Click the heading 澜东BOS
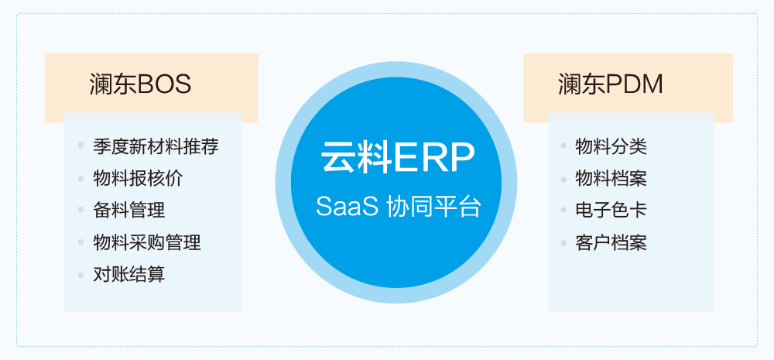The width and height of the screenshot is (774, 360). click(141, 85)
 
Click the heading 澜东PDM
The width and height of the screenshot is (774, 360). click(611, 85)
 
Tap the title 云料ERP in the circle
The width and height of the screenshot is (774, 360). click(398, 157)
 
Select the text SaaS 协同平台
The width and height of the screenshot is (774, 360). click(398, 207)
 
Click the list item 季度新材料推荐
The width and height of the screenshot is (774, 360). click(156, 146)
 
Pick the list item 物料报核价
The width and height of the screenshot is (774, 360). click(138, 178)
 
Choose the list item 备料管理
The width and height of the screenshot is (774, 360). click(128, 211)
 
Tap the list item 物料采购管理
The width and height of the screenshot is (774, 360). click(146, 242)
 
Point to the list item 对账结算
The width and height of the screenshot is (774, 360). click(128, 274)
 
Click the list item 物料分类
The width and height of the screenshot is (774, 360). click(611, 146)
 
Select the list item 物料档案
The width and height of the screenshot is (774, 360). click(611, 178)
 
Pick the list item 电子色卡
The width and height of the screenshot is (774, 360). click(611, 211)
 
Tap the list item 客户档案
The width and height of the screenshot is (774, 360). click(611, 242)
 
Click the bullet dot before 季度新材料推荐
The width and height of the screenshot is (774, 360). click(81, 146)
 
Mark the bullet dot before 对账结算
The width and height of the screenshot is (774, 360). click(81, 275)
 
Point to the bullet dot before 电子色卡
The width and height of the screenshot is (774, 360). click(563, 210)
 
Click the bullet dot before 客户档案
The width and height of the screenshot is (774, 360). click(563, 242)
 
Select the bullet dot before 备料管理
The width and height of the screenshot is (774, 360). click(81, 210)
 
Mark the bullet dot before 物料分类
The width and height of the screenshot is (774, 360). click(563, 146)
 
